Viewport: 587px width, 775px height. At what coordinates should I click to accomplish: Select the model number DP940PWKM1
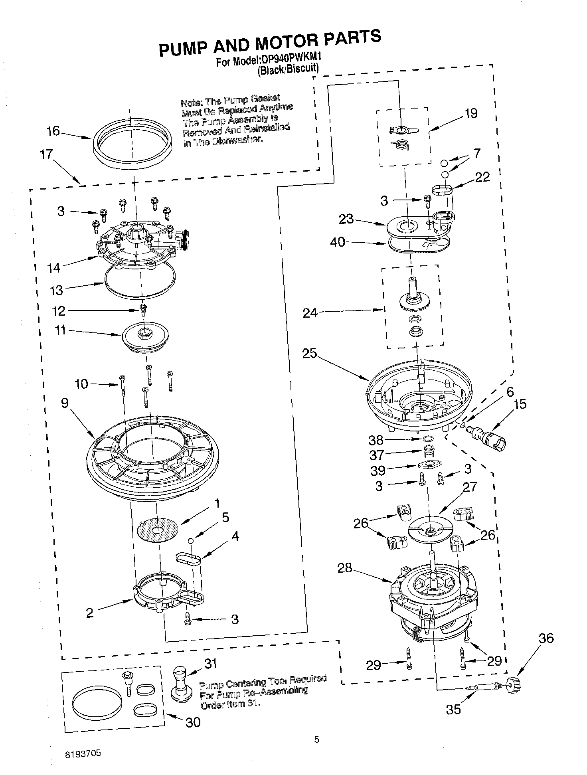291,59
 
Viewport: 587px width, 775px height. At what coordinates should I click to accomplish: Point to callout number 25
309,353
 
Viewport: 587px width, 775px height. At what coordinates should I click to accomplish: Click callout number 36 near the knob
546,638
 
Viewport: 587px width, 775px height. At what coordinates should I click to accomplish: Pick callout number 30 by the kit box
193,722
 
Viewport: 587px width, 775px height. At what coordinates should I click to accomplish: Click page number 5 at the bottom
316,739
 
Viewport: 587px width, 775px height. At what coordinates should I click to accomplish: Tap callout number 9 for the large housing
65,403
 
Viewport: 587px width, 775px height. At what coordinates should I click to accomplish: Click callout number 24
310,313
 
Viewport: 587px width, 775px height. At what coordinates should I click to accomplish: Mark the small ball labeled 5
191,540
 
